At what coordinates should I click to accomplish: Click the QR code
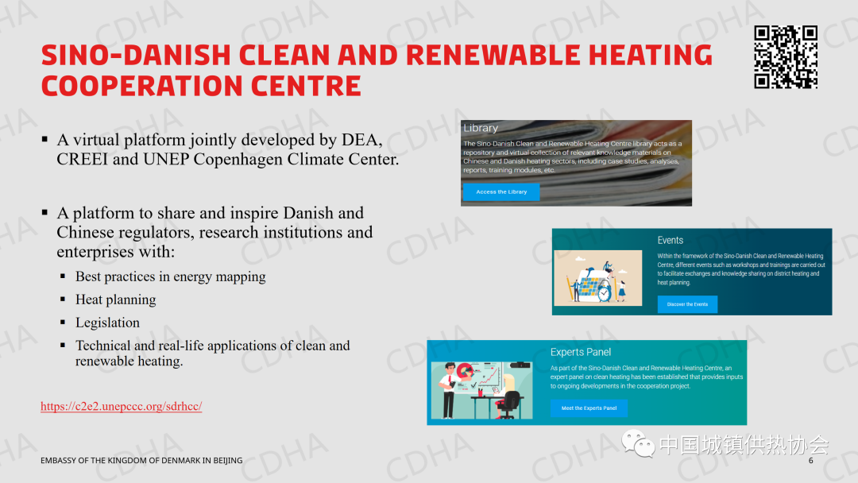coord(786,57)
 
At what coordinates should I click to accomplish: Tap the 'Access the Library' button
coord(501,192)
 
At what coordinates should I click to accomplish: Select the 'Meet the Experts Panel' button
coord(589,408)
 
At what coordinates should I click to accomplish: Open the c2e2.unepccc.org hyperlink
coord(122,406)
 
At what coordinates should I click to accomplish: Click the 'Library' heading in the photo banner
coord(481,128)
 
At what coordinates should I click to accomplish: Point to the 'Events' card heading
coord(671,240)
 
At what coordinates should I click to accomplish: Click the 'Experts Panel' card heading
coord(581,352)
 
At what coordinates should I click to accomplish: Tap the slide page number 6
coord(811,461)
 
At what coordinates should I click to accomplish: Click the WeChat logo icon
coord(637,443)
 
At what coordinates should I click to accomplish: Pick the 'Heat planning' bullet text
coord(115,299)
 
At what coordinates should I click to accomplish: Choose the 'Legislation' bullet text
coord(107,323)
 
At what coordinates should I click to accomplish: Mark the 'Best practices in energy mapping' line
coord(171,276)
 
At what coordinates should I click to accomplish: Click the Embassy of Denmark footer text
coord(141,461)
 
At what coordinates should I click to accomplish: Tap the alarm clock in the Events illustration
coord(604,293)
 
